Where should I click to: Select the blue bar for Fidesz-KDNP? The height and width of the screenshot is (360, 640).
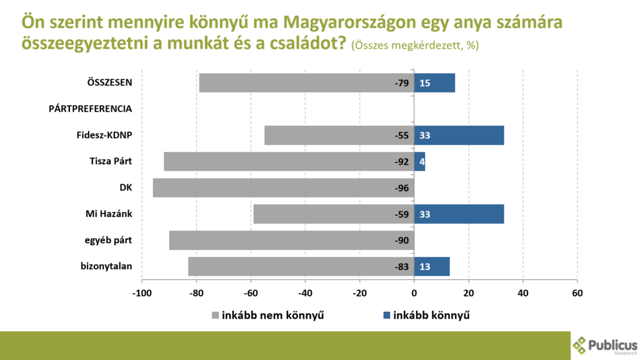(459, 136)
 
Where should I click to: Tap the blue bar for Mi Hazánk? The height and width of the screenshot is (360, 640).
(459, 214)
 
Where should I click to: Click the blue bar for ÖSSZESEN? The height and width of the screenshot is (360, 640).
(434, 83)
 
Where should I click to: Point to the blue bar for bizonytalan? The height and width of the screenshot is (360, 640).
(432, 267)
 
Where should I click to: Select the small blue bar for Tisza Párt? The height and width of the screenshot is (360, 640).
(419, 162)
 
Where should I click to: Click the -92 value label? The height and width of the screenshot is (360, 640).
(401, 162)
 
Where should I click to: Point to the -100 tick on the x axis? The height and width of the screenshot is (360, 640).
(142, 292)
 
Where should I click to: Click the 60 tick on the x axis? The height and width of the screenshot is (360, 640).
(577, 292)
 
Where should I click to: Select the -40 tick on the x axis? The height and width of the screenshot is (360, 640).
(305, 292)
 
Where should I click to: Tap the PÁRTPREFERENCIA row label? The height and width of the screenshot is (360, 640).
(90, 109)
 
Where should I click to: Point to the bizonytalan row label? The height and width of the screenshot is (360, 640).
(106, 267)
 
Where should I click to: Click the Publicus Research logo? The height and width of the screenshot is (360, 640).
(605, 345)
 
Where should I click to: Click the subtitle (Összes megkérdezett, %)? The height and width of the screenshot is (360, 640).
(415, 46)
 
